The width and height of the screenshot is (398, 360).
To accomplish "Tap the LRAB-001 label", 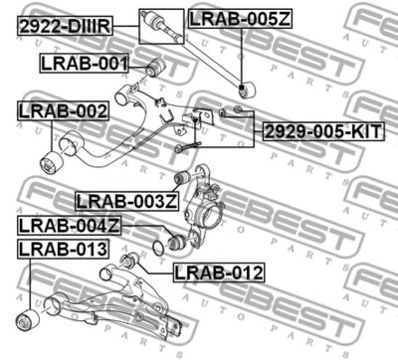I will [x=85, y=66].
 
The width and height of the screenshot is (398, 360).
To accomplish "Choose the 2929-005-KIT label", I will [x=321, y=131].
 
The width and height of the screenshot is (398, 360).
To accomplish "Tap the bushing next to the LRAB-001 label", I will [x=153, y=68].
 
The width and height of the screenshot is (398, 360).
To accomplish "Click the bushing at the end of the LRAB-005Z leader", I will [x=247, y=88].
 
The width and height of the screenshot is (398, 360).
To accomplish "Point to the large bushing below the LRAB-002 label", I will [x=50, y=161].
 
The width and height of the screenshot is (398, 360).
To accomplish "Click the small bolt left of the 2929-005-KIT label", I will [x=239, y=108].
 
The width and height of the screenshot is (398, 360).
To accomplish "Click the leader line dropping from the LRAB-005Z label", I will [x=242, y=55].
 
